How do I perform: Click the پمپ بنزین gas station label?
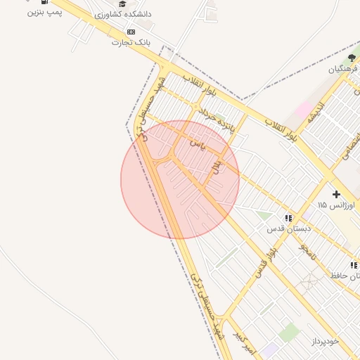tap(46, 13)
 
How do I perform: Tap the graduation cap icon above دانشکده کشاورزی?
tap(122, 4)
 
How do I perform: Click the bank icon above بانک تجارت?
tap(131, 32)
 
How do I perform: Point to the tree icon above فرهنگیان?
tap(352, 58)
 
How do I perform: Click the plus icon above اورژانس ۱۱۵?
tap(336, 194)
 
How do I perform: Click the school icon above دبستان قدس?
tap(288, 219)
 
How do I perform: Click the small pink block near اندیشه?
tap(304, 110)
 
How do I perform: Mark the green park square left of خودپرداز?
tap(289, 332)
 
